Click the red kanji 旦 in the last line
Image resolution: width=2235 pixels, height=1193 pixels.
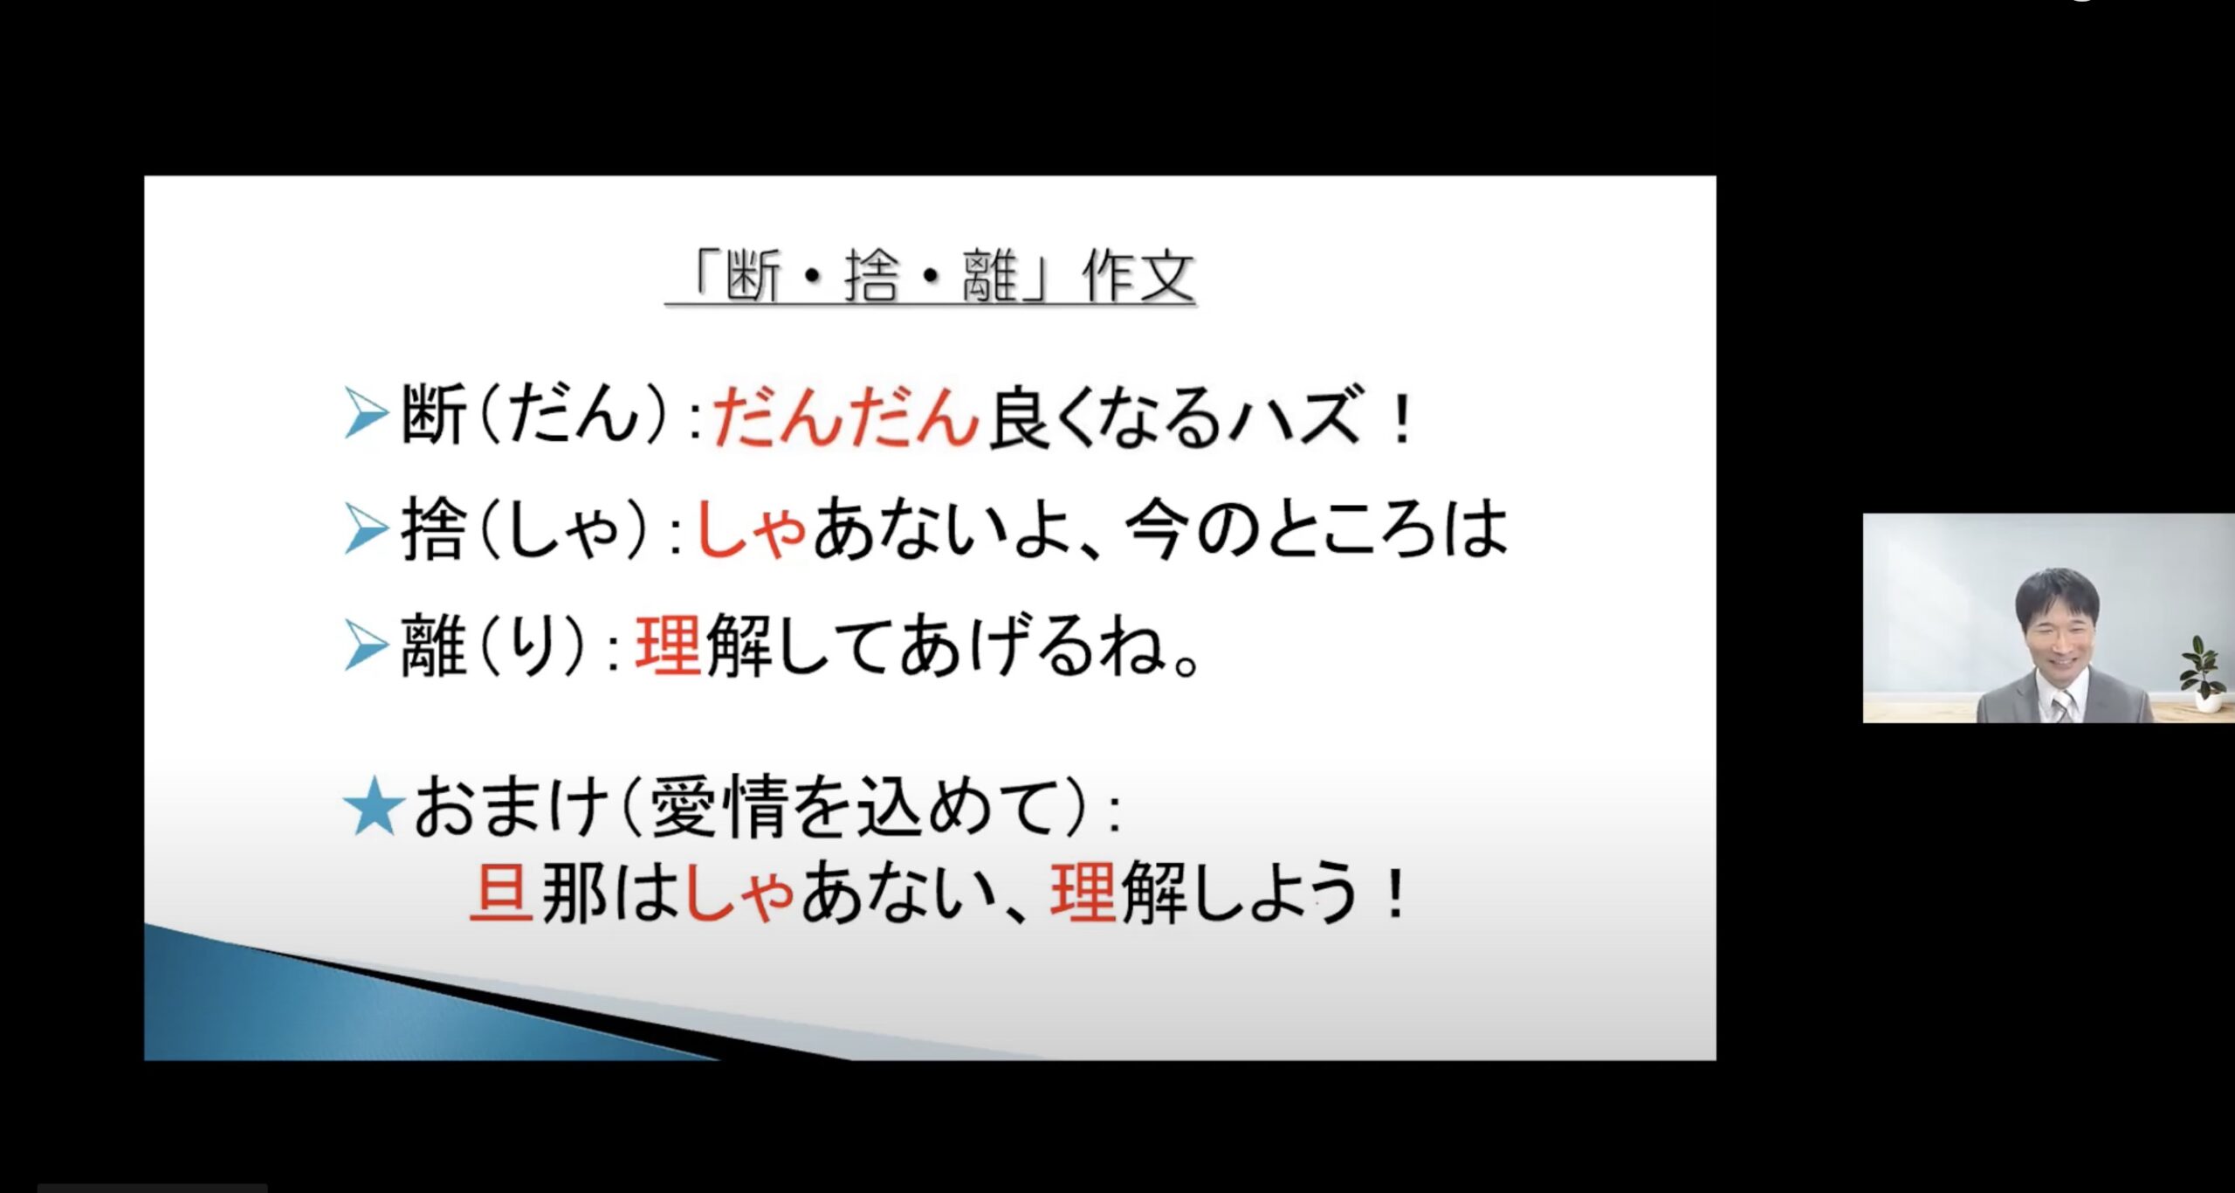[x=501, y=893]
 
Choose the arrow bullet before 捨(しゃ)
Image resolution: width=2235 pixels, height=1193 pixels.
[x=367, y=529]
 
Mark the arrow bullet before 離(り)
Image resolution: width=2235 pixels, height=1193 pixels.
[x=367, y=646]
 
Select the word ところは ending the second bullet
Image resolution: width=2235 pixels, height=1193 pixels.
[x=1387, y=529]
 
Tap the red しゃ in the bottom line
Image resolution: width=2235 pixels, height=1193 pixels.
[x=738, y=893]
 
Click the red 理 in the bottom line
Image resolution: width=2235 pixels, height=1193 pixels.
[x=1083, y=893]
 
